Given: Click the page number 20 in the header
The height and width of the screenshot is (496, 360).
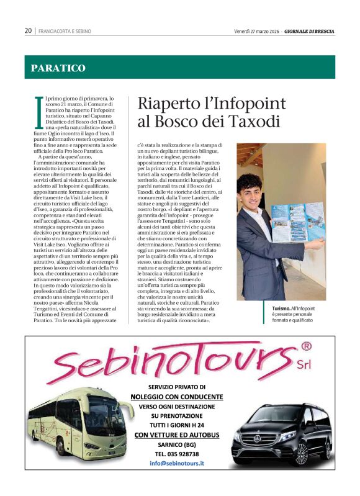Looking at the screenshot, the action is [29, 30].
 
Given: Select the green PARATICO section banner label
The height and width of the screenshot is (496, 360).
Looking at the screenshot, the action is [58, 68].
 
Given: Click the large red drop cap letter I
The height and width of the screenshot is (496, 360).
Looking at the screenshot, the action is [39, 112].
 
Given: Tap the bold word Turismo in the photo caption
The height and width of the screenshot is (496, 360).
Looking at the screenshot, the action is [282, 309].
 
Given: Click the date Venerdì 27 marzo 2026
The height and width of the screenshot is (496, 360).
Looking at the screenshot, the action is [256, 30].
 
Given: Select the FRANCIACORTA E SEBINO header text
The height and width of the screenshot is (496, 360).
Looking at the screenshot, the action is [65, 30].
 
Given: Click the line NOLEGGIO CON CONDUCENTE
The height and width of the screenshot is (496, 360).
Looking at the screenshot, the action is [177, 397].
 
